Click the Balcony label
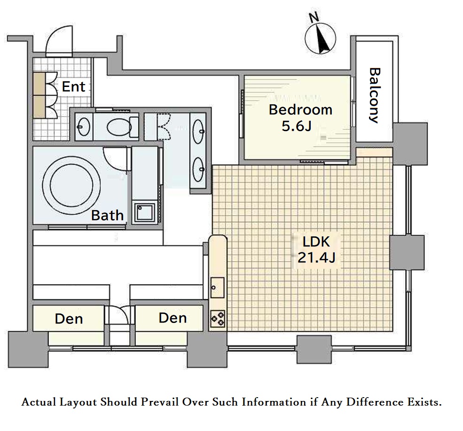(375, 95)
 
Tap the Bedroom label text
(300, 110)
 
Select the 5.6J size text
(296, 126)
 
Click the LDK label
(316, 242)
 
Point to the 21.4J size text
(316, 258)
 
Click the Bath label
(107, 215)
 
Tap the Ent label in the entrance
(73, 86)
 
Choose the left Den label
(69, 319)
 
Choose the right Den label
(173, 318)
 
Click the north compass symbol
(321, 39)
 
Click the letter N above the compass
(314, 17)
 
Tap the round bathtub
(71, 184)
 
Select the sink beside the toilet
(84, 127)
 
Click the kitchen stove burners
(218, 319)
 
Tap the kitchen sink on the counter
(217, 288)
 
